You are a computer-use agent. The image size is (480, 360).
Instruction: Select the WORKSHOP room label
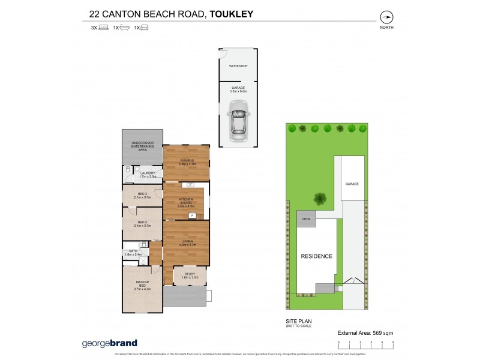[x=238, y=66]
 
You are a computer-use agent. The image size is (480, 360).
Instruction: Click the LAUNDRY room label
[x=148, y=175]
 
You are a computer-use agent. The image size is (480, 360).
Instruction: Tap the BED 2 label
[x=142, y=223]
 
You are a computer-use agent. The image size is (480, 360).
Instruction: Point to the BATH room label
[x=133, y=253]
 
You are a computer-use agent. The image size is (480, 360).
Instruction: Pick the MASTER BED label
[x=142, y=286]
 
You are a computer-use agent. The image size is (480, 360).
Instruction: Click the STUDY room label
[x=190, y=275]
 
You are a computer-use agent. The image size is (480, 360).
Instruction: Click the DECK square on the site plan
[x=306, y=219]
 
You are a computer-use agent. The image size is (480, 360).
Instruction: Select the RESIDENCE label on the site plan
[x=316, y=256]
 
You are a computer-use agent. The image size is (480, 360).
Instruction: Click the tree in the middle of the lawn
[x=320, y=198]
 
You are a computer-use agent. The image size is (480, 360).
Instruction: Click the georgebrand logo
[x=109, y=343]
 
